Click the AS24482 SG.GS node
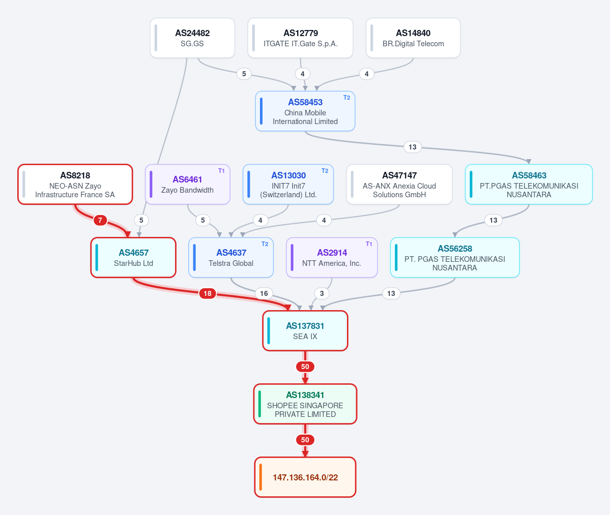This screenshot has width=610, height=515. tap(192, 38)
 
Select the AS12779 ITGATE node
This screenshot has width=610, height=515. tap(300, 38)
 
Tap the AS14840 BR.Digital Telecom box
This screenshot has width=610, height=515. tap(413, 38)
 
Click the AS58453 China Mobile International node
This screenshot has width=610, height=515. tap(305, 111)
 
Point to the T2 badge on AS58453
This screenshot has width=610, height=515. tap(346, 98)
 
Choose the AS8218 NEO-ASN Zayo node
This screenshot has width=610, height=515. tap(75, 184)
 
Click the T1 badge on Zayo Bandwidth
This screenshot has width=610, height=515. tap(221, 171)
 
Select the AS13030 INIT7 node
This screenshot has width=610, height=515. tap(288, 184)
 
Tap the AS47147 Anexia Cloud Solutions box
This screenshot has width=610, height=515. tap(399, 184)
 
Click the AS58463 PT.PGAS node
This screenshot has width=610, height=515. tap(529, 184)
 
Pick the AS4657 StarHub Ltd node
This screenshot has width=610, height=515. tap(133, 258)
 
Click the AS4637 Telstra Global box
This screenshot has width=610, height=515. tap(231, 258)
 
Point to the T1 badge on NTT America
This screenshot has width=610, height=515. tap(369, 244)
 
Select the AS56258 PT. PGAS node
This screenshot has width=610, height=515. tap(455, 258)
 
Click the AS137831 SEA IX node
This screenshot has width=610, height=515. tap(305, 331)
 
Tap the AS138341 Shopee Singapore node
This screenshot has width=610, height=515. tap(305, 404)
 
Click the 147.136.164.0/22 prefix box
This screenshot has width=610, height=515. tap(305, 477)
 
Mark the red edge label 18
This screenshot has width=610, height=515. tap(208, 293)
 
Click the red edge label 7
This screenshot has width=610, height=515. tap(100, 220)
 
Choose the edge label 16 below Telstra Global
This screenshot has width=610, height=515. tap(264, 293)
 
